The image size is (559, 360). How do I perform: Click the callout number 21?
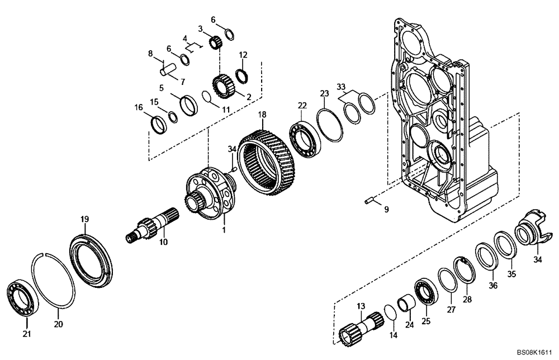27,334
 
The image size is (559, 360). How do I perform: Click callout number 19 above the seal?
84,220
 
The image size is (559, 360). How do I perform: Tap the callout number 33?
341,87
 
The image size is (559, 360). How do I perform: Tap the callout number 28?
467,300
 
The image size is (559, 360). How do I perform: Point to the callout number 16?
139,107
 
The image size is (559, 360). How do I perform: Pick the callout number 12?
243,55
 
